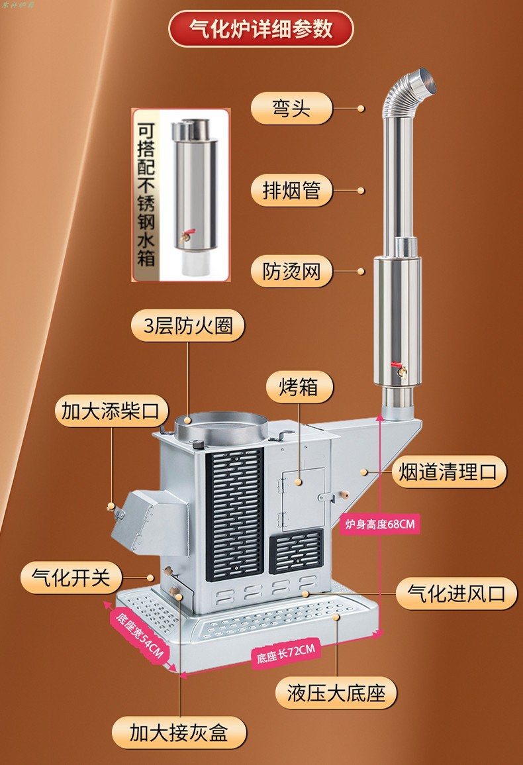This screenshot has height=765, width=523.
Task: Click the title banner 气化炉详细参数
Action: pos(261,29)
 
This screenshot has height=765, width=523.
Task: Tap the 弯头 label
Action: pos(291,107)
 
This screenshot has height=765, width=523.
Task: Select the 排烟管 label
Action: pos(291,190)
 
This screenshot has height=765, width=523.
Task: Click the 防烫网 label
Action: pos(291,272)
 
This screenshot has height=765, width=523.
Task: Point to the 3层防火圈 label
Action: pos(187,327)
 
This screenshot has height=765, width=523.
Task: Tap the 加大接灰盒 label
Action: pos(179,733)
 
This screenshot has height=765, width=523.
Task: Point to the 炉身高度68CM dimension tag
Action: pos(381,525)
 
